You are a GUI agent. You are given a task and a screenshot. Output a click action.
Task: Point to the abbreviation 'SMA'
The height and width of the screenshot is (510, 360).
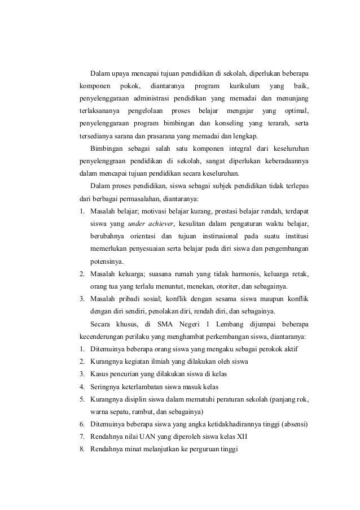(x=164, y=324)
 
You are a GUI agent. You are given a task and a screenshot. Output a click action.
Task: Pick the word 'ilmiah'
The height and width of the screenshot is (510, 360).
(x=154, y=361)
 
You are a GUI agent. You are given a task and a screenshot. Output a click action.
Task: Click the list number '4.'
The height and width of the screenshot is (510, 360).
(x=82, y=386)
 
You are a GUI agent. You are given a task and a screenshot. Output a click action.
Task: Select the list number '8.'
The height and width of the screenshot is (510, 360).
(x=82, y=449)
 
